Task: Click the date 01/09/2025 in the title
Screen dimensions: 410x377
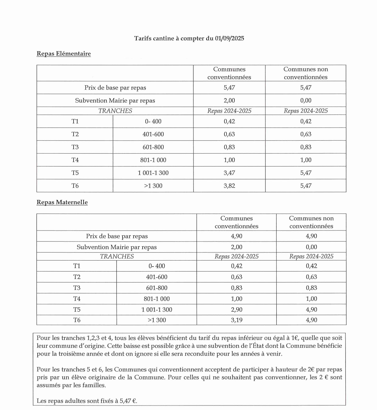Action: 230,39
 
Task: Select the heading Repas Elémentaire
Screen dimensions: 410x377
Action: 64,54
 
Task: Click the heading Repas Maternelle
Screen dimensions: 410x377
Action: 62,203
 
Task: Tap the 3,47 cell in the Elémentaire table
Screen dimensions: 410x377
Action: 229,173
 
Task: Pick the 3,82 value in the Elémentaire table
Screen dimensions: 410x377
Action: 229,186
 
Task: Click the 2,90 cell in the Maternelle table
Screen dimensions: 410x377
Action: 237,310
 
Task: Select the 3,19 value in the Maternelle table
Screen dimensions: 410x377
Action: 237,320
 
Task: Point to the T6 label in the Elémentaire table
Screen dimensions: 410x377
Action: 75,186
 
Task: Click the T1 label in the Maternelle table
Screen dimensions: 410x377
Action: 77,266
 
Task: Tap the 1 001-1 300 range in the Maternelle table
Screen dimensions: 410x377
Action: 157,310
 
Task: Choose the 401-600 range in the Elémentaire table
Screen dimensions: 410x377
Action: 153,134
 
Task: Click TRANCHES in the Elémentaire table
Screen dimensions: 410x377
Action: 115,111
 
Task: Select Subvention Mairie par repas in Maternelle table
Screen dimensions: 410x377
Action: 116,247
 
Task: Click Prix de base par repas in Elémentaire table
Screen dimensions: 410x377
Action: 115,88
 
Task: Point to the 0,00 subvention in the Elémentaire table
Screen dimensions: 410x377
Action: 306,101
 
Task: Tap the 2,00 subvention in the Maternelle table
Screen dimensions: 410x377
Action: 237,247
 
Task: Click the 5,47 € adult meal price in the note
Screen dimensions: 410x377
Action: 128,401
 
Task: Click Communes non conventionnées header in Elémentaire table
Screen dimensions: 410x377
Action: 306,73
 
